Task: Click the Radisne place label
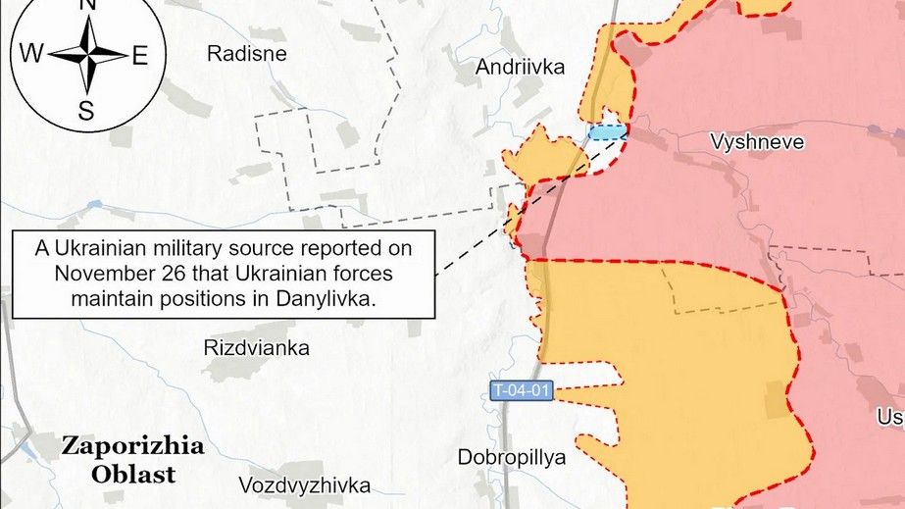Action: [x=246, y=54]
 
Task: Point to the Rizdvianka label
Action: [x=256, y=348]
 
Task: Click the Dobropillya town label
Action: [x=512, y=457]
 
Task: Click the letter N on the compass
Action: [x=86, y=6]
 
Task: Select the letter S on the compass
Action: [x=86, y=110]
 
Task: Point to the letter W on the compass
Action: [x=31, y=55]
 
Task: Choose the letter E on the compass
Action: [x=139, y=56]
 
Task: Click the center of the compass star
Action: [x=86, y=55]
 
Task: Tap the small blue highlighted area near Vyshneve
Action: [x=605, y=133]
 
